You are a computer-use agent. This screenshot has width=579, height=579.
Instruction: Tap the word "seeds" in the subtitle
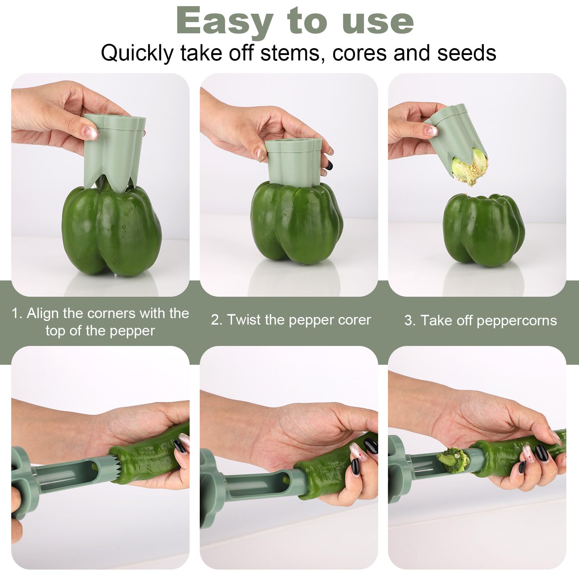tap(466, 53)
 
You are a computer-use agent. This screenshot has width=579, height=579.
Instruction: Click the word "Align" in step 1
tap(42, 313)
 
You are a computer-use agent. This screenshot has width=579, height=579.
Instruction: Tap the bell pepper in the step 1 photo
tap(112, 232)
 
